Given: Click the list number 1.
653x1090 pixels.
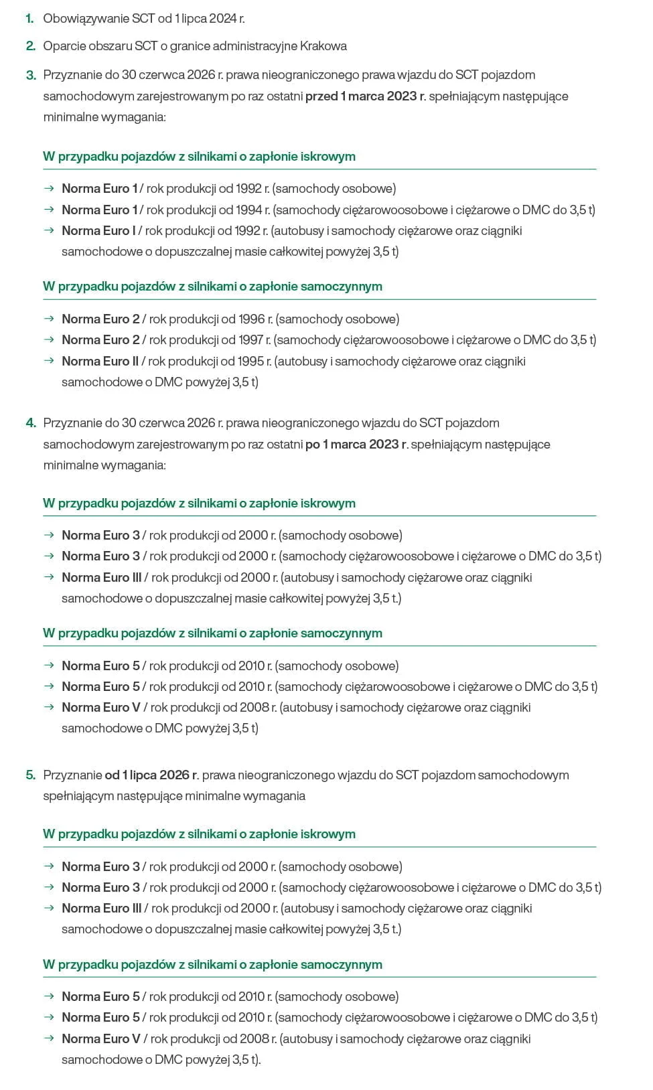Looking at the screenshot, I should pyautogui.click(x=29, y=19).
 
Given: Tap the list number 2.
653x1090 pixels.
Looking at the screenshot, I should pyautogui.click(x=30, y=46).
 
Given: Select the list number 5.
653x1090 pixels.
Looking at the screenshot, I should pyautogui.click(x=30, y=775).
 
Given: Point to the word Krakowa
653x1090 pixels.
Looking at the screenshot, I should pyautogui.click(x=323, y=46).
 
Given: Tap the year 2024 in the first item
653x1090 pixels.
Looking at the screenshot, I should pyautogui.click(x=223, y=19).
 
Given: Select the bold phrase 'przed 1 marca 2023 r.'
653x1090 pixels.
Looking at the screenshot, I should pyautogui.click(x=366, y=96).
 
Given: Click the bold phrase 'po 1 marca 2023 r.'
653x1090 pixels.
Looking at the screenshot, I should pyautogui.click(x=357, y=445).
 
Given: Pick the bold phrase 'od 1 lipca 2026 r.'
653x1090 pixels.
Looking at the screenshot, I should pyautogui.click(x=152, y=775).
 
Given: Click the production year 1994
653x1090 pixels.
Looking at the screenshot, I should pyautogui.click(x=249, y=210).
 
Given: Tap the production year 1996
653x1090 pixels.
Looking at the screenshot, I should pyautogui.click(x=252, y=319).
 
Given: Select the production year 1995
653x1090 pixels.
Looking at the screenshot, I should pyautogui.click(x=251, y=362).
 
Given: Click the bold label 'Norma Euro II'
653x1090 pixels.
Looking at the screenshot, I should pyautogui.click(x=100, y=362).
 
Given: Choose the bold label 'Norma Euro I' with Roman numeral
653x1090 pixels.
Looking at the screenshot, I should pyautogui.click(x=98, y=231).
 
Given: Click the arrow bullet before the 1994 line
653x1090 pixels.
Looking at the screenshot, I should pyautogui.click(x=49, y=210).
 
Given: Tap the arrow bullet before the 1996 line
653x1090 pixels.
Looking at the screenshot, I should pyautogui.click(x=49, y=319).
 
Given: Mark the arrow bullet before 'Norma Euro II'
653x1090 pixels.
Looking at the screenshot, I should pyautogui.click(x=49, y=361).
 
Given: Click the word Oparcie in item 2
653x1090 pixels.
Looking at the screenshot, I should pyautogui.click(x=63, y=46).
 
